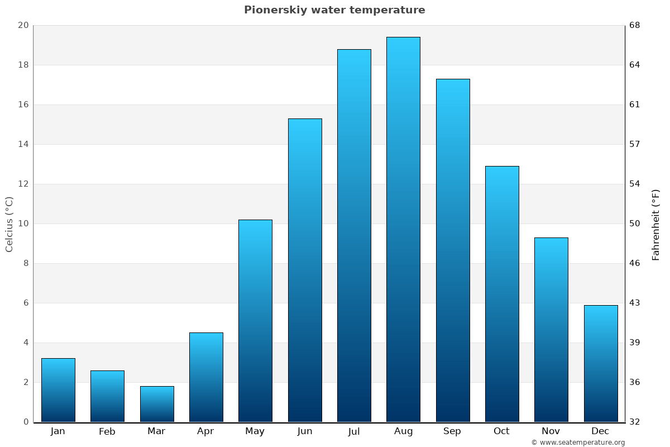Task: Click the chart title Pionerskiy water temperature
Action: pyautogui.click(x=334, y=10)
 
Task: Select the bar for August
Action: pyautogui.click(x=403, y=229)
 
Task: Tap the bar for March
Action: pyautogui.click(x=157, y=404)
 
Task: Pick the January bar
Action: pyautogui.click(x=58, y=390)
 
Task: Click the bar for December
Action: pyautogui.click(x=601, y=363)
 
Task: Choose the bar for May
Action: pyautogui.click(x=255, y=321)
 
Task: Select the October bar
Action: pyautogui.click(x=502, y=294)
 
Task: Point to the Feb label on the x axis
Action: pyautogui.click(x=107, y=431)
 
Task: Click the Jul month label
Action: pyautogui.click(x=354, y=431)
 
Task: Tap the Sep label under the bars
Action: pyautogui.click(x=452, y=431)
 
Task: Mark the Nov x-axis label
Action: pyautogui.click(x=551, y=431)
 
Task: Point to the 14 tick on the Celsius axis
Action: pyautogui.click(x=23, y=144)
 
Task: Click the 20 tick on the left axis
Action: pyautogui.click(x=23, y=25)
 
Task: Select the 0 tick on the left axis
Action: pyautogui.click(x=26, y=422)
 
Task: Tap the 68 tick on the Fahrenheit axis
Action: pyautogui.click(x=635, y=25)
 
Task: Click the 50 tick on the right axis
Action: pyautogui.click(x=635, y=223)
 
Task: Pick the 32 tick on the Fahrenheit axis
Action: pyautogui.click(x=635, y=422)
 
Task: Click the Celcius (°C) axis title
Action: pyautogui.click(x=9, y=224)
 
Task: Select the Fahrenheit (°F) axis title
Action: pyautogui.click(x=655, y=224)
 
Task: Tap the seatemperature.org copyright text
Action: pyautogui.click(x=578, y=443)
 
